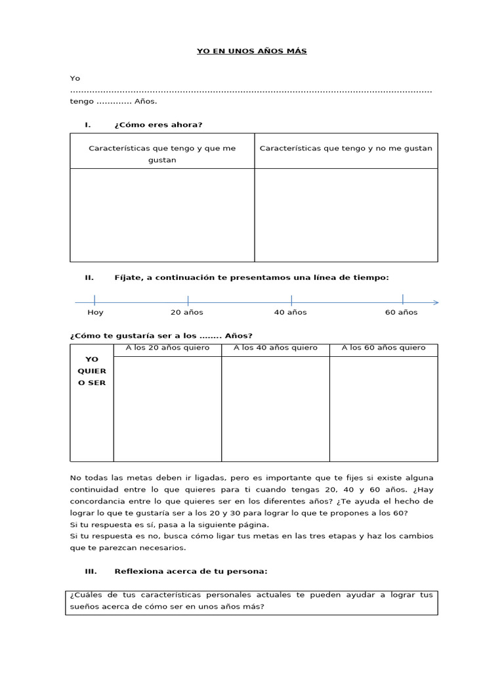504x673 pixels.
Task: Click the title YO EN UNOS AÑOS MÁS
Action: (252, 51)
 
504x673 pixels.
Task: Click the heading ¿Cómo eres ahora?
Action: (158, 125)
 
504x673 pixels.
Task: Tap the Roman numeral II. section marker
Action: (89, 277)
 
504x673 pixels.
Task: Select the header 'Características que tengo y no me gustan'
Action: (346, 149)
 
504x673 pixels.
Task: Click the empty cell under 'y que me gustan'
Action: (162, 215)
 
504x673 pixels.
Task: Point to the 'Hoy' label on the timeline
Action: (95, 312)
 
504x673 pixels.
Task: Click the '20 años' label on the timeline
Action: (187, 312)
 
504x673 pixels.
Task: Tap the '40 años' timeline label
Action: (290, 312)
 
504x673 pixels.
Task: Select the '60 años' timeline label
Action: (401, 312)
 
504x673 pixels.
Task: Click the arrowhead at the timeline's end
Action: (436, 302)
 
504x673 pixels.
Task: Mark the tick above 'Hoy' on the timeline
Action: (94, 300)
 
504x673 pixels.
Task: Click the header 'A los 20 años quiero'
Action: (167, 348)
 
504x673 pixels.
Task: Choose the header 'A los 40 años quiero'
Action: (275, 348)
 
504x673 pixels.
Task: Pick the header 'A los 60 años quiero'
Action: (383, 348)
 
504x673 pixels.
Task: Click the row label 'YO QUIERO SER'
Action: (92, 371)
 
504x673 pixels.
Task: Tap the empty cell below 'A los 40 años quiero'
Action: (275, 409)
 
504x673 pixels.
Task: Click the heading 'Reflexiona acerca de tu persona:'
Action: (190, 571)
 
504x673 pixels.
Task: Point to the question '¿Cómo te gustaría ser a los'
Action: (133, 335)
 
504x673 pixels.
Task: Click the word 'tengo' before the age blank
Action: (82, 102)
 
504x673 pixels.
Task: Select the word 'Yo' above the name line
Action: (75, 78)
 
